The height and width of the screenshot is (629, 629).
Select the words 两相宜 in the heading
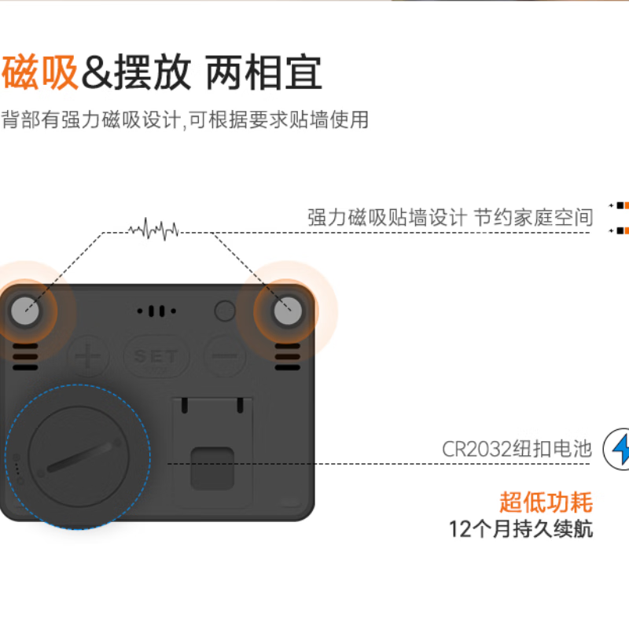263,72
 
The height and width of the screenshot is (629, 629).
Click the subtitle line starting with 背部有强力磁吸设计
184,120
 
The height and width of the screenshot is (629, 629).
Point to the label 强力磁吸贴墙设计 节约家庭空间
450,217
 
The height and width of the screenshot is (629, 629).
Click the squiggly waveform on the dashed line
154,230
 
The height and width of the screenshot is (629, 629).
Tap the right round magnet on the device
287,311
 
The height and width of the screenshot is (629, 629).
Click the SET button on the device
156,356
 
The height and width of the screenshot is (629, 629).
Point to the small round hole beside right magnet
225,311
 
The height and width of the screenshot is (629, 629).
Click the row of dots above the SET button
156,311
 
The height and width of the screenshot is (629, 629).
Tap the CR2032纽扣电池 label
516,450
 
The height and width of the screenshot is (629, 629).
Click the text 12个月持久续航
520,528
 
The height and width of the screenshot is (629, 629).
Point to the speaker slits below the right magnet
287,357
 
